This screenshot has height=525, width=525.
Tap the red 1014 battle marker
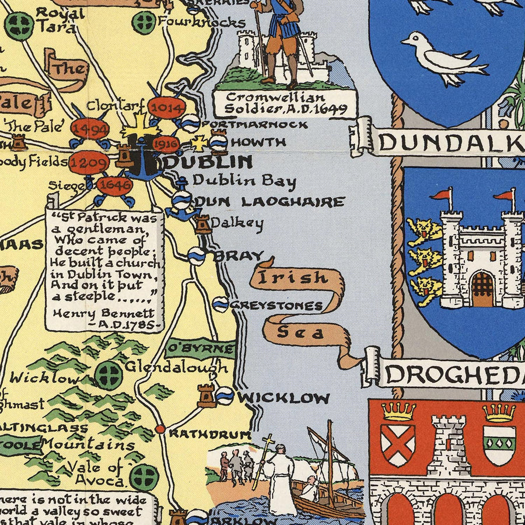click(166, 108)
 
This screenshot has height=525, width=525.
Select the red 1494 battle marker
click(89, 129)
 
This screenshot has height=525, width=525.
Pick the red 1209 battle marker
click(88, 163)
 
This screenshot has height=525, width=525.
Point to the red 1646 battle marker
click(114, 186)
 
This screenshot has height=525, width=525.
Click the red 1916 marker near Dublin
click(165, 143)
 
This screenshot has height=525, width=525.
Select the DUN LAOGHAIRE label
click(269, 202)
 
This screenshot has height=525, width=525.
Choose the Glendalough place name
click(176, 367)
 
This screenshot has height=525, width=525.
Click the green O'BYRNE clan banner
click(200, 348)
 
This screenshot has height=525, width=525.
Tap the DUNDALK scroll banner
click(449, 142)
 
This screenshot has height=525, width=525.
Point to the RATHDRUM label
click(209, 434)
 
